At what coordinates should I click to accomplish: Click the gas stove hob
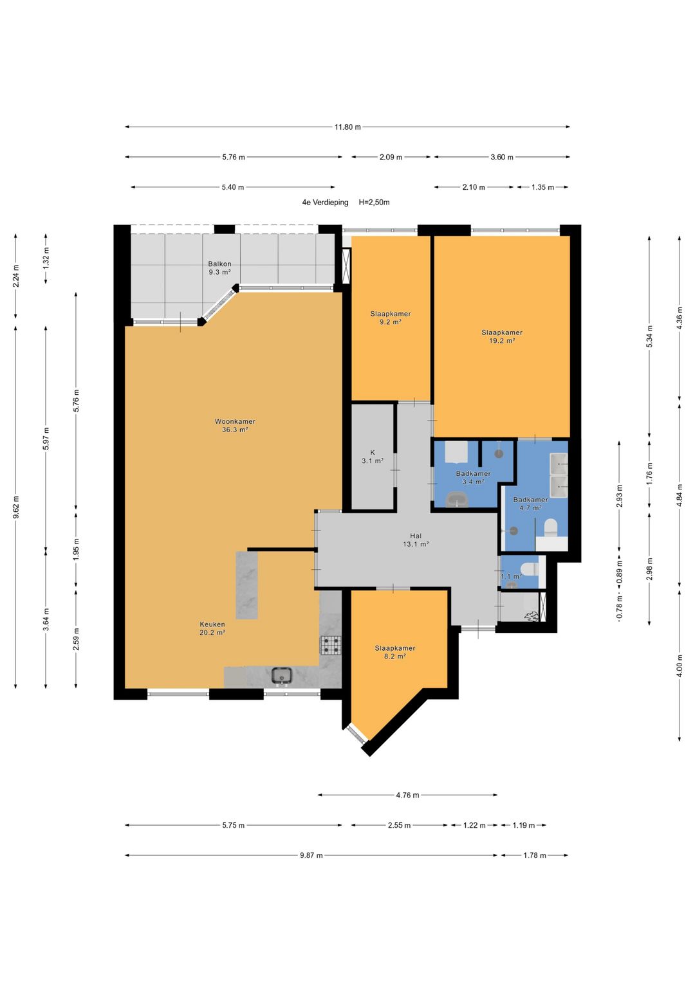330,645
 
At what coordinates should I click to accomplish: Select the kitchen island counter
246,585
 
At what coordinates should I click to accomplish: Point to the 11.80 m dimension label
347,127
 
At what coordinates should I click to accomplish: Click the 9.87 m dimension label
311,855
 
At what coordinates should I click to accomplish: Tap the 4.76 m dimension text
407,796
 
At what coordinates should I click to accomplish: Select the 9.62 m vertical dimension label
16,507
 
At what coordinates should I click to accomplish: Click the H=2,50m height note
375,202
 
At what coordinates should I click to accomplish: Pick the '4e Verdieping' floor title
325,202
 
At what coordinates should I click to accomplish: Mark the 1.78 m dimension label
534,855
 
